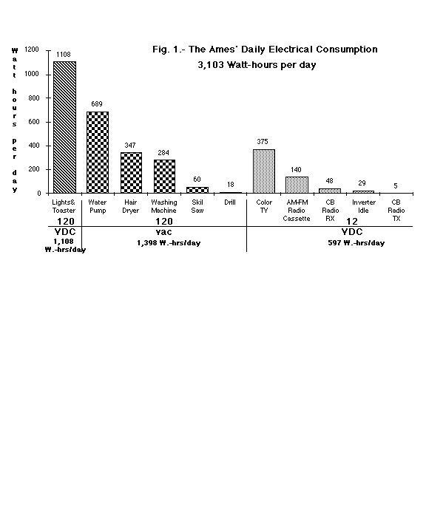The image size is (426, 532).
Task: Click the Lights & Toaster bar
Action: pyautogui.click(x=64, y=127)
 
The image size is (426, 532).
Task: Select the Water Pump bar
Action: pyautogui.click(x=98, y=152)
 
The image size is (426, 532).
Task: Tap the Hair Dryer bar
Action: pyautogui.click(x=131, y=173)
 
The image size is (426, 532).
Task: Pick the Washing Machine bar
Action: pyautogui.click(x=164, y=177)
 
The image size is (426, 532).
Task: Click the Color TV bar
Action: pyautogui.click(x=264, y=171)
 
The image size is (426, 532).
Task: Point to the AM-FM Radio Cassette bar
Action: pyautogui.click(x=297, y=185)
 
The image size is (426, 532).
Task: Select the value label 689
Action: pyautogui.click(x=97, y=104)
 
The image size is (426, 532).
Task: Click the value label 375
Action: pyautogui.click(x=263, y=141)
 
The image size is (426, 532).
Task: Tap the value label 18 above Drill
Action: pyautogui.click(x=231, y=185)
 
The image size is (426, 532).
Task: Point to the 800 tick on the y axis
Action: pyautogui.click(x=48, y=98)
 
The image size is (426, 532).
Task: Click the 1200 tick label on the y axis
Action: pyautogui.click(x=32, y=50)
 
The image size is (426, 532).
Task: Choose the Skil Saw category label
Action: pyautogui.click(x=197, y=206)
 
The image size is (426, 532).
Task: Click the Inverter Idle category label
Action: pyautogui.click(x=363, y=206)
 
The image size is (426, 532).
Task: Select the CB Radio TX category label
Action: pyautogui.click(x=396, y=211)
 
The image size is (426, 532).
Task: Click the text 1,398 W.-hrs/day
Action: pyautogui.click(x=169, y=243)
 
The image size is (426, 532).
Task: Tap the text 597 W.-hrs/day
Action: pyautogui.click(x=356, y=243)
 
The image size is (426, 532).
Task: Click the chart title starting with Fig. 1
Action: pyautogui.click(x=265, y=50)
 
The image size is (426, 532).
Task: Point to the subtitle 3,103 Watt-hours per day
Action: pyautogui.click(x=257, y=65)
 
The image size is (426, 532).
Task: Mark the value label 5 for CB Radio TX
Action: pyautogui.click(x=396, y=186)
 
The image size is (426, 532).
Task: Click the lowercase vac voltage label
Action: pyautogui.click(x=163, y=232)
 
